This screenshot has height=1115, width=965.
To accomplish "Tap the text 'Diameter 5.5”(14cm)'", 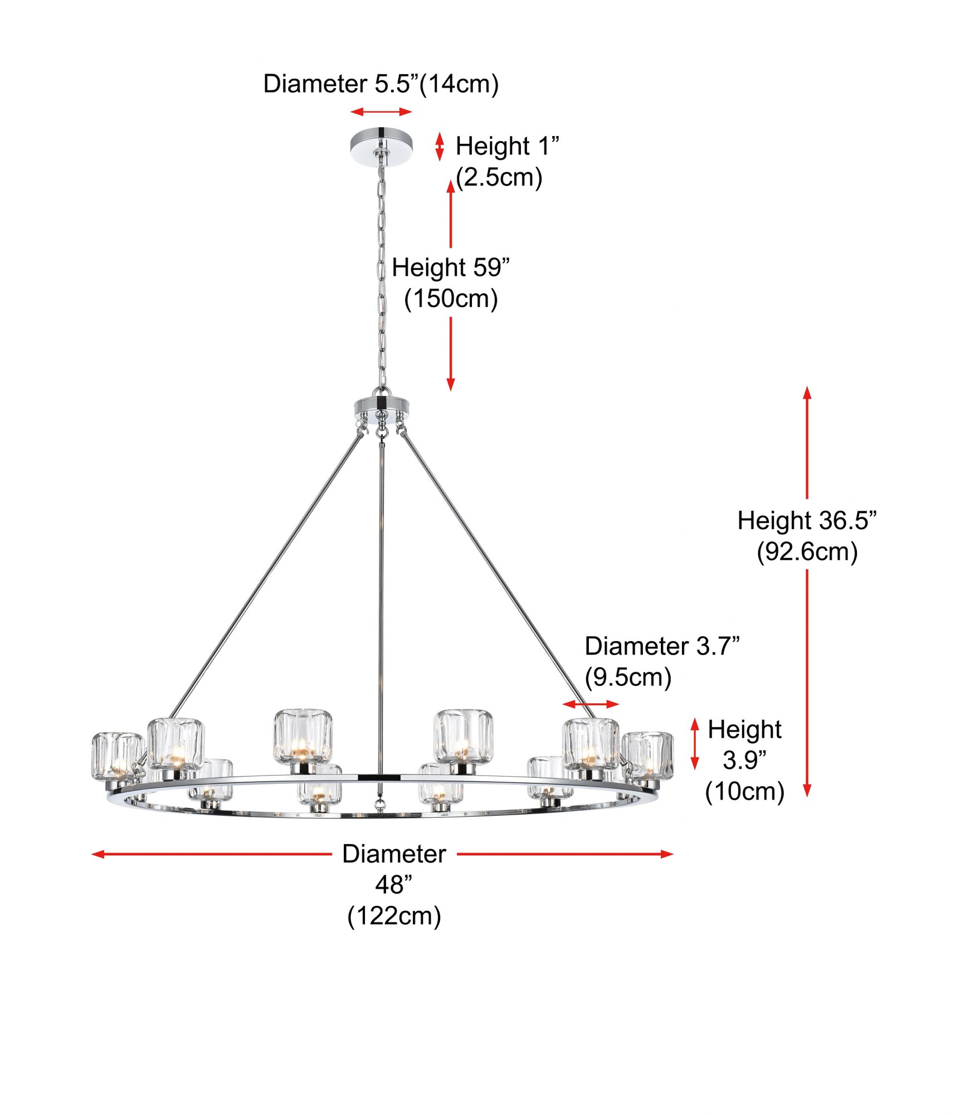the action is tap(381, 84).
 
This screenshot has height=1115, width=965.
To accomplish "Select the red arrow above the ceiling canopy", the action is tap(381, 112).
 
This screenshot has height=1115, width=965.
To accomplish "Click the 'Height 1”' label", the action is tap(507, 146).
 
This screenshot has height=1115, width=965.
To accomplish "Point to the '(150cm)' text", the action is tap(451, 299).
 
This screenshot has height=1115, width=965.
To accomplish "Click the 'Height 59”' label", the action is tap(451, 268).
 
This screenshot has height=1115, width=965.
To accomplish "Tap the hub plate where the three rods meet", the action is tap(381, 408).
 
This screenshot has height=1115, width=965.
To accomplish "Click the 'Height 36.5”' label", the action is tap(807, 521).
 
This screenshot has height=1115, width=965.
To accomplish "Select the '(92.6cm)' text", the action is tap(807, 552).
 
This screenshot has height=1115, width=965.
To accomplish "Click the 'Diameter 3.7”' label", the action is tap(662, 646).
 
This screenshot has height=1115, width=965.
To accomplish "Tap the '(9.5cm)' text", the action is tap(628, 677).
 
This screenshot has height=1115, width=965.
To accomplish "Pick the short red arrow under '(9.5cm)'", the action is tap(591, 704).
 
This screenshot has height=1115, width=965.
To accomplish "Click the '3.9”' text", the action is tap(744, 760).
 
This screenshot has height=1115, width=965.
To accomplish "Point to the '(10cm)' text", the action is tap(744, 792).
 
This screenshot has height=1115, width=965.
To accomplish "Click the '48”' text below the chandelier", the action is tap(394, 885).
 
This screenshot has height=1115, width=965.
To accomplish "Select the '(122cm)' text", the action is tap(394, 916).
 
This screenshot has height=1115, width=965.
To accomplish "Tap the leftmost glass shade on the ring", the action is tap(117, 757).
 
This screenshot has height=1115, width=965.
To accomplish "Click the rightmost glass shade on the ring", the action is tap(647, 755).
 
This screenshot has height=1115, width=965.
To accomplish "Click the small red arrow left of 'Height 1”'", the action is tap(440, 147).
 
